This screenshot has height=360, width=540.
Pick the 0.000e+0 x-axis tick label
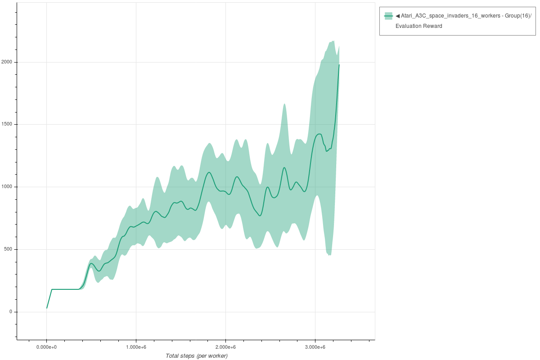point(46,347)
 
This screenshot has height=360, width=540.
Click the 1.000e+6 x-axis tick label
point(136,347)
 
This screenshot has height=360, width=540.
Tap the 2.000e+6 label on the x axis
point(225,347)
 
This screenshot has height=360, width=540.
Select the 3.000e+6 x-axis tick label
point(315,347)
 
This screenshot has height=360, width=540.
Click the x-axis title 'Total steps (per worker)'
point(197,356)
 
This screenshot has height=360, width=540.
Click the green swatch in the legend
point(388,16)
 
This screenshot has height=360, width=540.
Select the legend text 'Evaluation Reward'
point(418,26)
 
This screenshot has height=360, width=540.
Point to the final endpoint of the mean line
point(339,65)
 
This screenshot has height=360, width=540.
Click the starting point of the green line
point(47,308)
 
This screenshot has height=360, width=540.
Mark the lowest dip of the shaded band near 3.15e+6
point(329,255)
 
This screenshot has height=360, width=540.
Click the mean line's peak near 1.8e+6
point(209,172)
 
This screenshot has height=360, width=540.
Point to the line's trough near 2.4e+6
point(260,216)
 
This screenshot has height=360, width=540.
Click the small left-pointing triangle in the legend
point(398,16)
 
